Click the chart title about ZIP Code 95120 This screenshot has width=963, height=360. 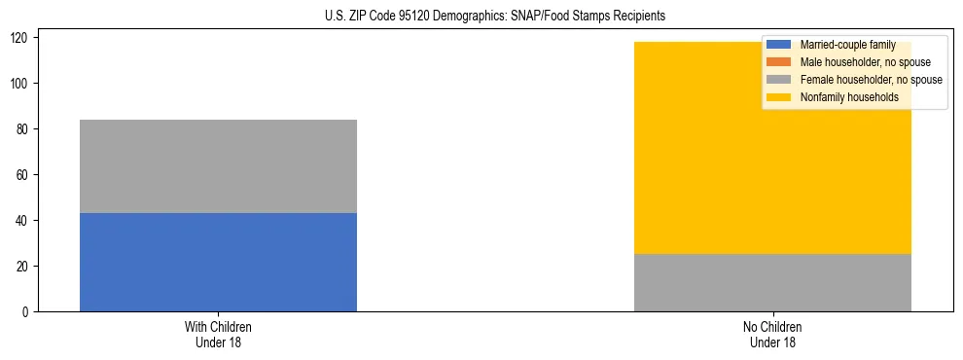(495, 17)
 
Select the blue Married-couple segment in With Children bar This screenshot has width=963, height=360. (218, 262)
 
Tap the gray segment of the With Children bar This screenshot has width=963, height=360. (218, 166)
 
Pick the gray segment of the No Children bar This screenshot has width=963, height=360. (772, 282)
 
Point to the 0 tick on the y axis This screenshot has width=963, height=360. (28, 311)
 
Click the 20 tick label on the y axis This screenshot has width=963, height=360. (25, 267)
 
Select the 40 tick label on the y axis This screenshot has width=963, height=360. (25, 221)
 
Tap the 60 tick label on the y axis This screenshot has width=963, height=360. (25, 175)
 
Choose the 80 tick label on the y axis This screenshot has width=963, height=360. (25, 129)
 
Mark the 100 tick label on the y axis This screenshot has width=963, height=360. (22, 84)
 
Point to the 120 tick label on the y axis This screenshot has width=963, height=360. (22, 38)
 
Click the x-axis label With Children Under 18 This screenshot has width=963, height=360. (218, 334)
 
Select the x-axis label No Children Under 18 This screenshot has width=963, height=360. (772, 334)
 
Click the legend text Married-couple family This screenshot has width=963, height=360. (847, 46)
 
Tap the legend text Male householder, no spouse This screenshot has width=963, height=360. (865, 62)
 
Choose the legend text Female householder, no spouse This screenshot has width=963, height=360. (871, 80)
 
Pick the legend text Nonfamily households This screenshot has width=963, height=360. (848, 97)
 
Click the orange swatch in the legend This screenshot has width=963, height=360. (779, 62)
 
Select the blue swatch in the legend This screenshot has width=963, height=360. (779, 46)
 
